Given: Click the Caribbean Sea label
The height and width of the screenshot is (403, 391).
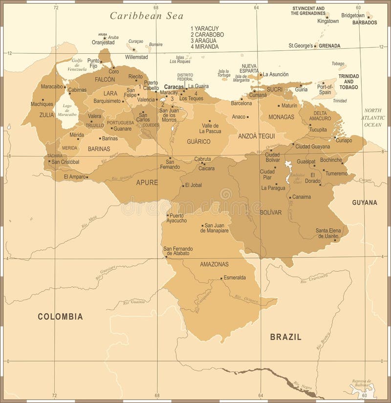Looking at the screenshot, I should point(146,16).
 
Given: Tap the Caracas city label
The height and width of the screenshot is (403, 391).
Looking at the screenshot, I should point(174,86).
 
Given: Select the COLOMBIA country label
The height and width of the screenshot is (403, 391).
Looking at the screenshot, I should point(60,317).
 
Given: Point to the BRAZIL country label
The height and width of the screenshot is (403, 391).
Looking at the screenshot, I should point(285,337).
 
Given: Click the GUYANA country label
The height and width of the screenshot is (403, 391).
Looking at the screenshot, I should point(365,202).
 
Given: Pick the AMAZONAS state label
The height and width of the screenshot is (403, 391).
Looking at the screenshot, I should point(214,264).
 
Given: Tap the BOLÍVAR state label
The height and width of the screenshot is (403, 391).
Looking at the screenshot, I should point(271,212).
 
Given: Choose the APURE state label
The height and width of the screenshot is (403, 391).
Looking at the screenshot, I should point(147,182).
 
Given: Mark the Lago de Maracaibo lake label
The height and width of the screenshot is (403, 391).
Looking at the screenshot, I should point(67,110).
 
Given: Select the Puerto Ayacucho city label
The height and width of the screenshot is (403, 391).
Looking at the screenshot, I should point(177,218).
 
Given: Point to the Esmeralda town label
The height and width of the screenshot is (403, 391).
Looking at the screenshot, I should point(235,277).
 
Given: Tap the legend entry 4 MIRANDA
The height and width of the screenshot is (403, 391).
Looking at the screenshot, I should point(205,47).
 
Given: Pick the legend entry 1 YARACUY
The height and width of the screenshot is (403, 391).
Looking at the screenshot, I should point(206,29).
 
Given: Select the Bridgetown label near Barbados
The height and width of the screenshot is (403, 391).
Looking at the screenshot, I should point(353,16).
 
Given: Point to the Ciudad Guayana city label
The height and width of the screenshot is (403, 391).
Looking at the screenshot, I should point(312,146).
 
